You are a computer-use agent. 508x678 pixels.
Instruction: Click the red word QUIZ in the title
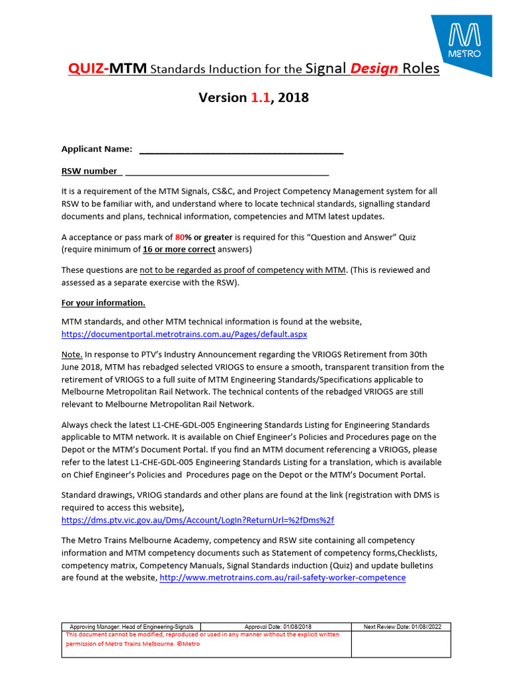click(x=87, y=68)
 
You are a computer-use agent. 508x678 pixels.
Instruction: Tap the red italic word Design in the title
click(x=374, y=68)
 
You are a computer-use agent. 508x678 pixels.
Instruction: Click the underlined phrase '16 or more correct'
click(x=179, y=250)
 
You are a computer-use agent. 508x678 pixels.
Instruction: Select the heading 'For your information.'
click(x=103, y=303)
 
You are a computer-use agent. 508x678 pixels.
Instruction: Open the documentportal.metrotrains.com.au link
click(x=184, y=334)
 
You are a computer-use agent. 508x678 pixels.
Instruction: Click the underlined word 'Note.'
click(x=72, y=354)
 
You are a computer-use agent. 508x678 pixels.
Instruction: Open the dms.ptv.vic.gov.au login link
click(x=202, y=520)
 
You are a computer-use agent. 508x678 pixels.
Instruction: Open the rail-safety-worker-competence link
click(x=283, y=577)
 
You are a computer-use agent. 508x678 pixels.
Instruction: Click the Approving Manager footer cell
click(x=131, y=626)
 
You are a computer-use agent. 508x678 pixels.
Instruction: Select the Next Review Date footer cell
click(x=401, y=626)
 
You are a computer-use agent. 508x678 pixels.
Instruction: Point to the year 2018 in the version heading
click(x=293, y=98)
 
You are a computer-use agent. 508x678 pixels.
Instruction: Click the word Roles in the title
click(x=421, y=68)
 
